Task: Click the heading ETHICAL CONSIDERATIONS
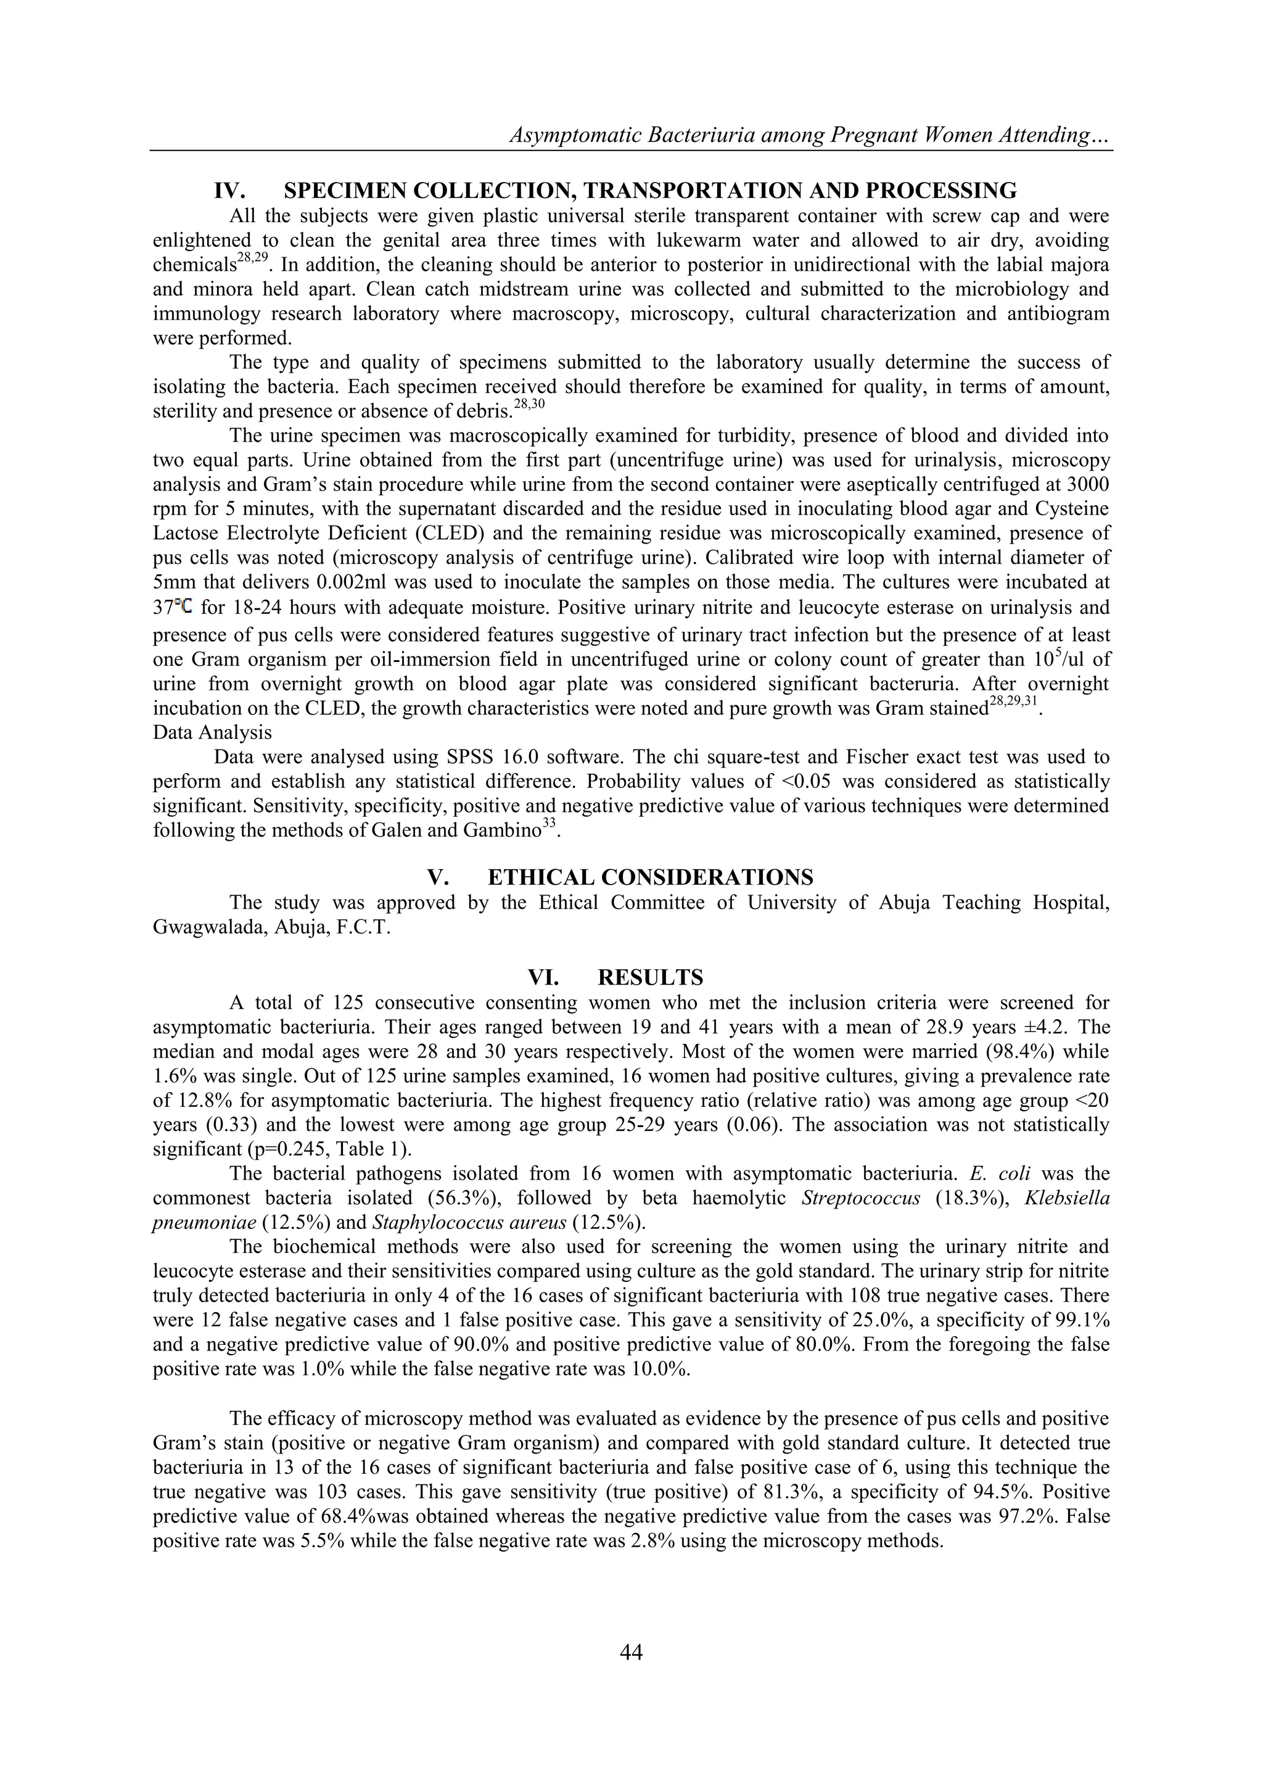point(650,877)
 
